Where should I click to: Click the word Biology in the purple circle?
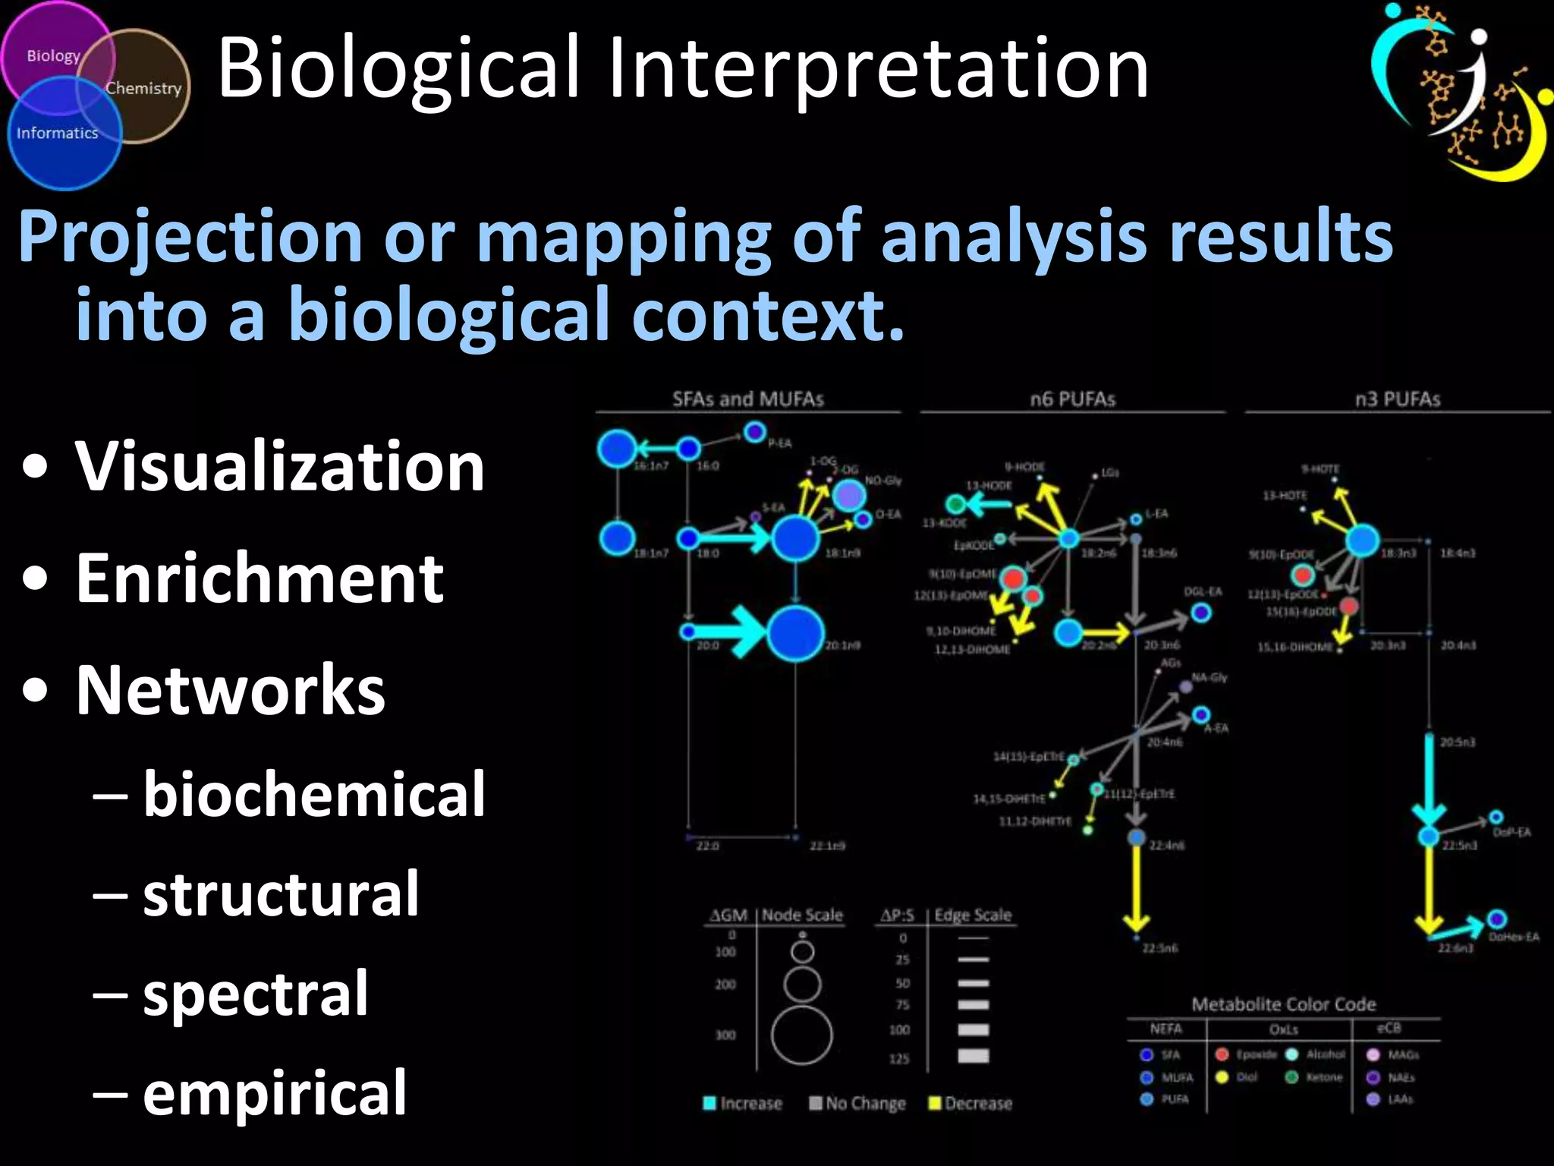(53, 56)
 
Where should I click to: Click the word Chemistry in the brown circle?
(143, 88)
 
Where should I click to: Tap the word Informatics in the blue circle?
(58, 133)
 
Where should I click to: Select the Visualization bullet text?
(279, 466)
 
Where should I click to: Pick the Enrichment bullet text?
(260, 578)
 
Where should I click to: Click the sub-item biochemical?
(313, 794)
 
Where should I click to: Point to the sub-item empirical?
(275, 1093)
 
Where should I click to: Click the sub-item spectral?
(256, 994)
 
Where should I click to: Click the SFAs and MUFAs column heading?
(747, 399)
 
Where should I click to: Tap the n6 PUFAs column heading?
(1072, 399)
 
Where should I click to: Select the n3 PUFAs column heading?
(1397, 399)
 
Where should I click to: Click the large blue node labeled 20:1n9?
(795, 633)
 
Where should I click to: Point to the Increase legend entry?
(744, 1103)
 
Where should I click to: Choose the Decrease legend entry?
(971, 1103)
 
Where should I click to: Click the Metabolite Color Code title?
(1283, 1004)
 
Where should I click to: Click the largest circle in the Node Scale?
(801, 1035)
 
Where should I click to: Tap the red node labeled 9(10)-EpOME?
(1013, 578)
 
